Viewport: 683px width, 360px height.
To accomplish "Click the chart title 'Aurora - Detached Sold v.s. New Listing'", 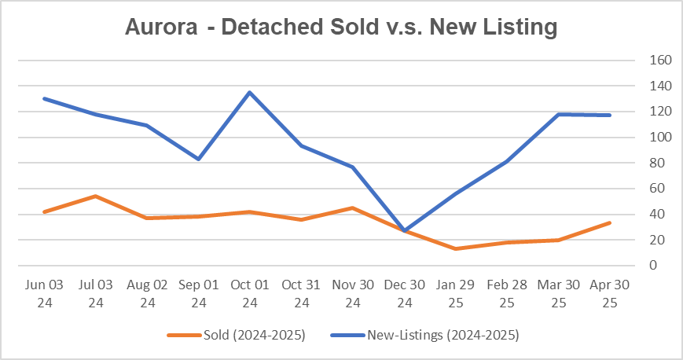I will point(341,27).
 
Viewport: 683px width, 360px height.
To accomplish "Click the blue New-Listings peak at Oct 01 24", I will point(249,93).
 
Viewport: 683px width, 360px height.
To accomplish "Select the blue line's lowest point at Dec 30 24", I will point(403,230).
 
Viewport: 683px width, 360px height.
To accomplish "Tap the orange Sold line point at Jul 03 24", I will point(95,196).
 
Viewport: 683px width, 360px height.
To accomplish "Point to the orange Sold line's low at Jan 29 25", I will point(454,248).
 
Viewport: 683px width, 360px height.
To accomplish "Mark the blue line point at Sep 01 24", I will point(198,159).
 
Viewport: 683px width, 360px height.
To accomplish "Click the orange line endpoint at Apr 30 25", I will point(609,223).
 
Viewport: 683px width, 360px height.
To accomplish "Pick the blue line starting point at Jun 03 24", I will point(44,98).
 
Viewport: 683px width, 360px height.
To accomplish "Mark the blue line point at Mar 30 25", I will point(558,115).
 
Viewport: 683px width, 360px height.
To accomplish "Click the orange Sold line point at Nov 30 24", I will point(352,208).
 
